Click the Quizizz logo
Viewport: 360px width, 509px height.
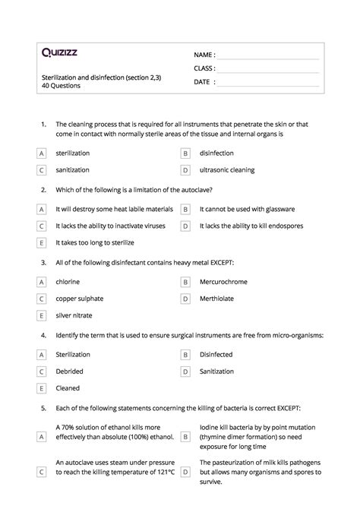59,53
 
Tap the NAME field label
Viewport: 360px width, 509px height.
204,55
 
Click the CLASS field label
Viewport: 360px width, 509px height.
205,68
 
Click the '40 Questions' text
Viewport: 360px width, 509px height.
61,86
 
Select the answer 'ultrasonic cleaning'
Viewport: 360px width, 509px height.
227,170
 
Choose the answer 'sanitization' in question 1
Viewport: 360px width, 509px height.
72,170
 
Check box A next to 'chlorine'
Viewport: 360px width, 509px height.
41,282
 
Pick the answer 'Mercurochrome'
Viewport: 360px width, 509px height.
226,282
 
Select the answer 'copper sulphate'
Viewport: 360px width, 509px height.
79,299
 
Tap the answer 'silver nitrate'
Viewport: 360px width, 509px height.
74,315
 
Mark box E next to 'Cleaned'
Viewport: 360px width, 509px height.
41,388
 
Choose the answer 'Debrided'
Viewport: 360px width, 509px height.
69,371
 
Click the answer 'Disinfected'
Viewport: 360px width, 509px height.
216,355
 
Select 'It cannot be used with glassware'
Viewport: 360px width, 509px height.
248,209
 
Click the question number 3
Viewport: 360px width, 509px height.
44,262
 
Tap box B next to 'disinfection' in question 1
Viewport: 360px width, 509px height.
185,153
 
